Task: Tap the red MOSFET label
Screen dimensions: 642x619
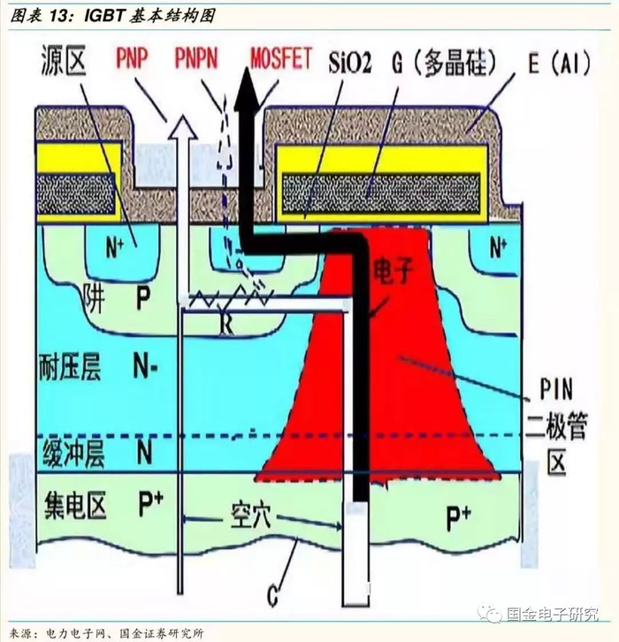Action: click(x=281, y=60)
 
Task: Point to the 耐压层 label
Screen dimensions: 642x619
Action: click(x=73, y=363)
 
